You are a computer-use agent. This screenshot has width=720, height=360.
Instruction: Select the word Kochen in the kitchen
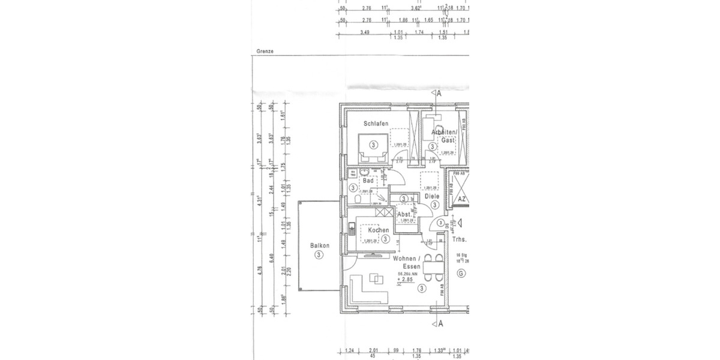click(x=378, y=230)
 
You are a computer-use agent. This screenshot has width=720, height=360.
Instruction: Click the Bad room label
click(x=368, y=181)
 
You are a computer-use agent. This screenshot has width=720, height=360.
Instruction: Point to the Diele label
click(x=432, y=196)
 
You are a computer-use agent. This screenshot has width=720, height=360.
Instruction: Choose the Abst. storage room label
click(x=404, y=214)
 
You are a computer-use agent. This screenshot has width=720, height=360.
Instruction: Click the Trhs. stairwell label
click(x=460, y=239)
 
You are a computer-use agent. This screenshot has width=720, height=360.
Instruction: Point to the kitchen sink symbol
click(x=351, y=229)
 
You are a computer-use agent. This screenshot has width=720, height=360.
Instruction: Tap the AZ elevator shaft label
click(x=461, y=199)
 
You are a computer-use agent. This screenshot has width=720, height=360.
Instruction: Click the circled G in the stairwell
click(x=461, y=274)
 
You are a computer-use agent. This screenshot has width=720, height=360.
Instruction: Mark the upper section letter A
click(x=439, y=94)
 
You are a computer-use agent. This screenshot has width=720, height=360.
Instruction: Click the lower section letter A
click(x=440, y=324)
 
